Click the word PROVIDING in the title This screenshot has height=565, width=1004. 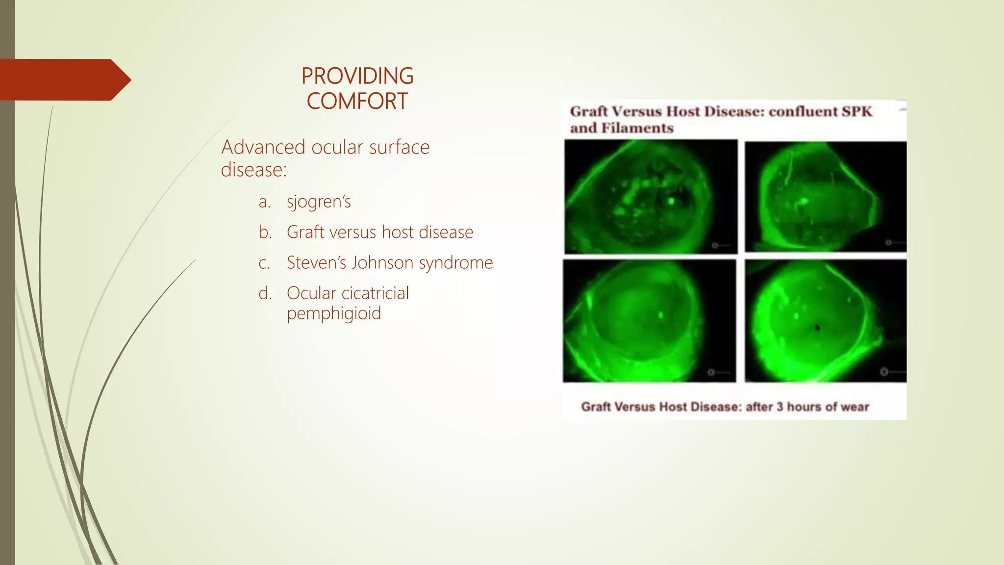click(357, 76)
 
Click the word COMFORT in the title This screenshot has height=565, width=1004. click(357, 101)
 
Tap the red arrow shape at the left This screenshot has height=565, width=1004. click(64, 79)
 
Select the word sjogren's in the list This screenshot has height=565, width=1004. click(319, 202)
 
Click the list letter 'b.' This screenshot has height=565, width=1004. click(265, 232)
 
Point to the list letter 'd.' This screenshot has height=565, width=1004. click(265, 293)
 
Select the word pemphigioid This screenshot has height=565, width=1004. click(333, 313)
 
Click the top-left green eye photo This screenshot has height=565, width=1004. click(651, 197)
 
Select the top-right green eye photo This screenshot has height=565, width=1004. click(825, 197)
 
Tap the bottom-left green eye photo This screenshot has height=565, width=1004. click(649, 321)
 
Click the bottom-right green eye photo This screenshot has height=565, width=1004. click(825, 321)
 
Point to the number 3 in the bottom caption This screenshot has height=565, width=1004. click(780, 407)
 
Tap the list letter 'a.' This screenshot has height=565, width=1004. click(265, 202)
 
